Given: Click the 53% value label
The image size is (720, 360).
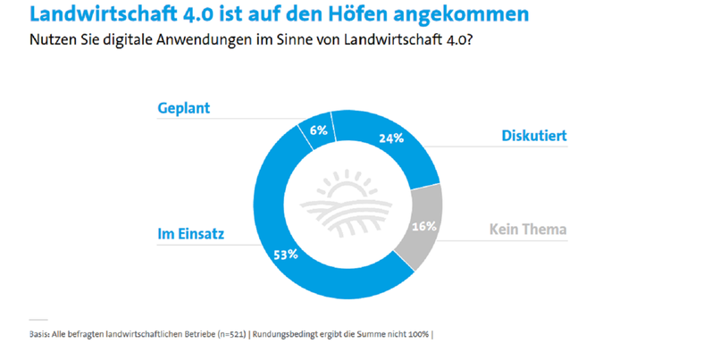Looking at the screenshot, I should pos(286,254).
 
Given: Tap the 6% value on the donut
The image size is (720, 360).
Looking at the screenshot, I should pos(319,130).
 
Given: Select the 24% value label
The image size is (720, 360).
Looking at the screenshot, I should pos(391,138).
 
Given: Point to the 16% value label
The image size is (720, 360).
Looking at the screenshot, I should pos(422,226).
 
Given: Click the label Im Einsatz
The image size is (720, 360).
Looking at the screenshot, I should pos(191,234).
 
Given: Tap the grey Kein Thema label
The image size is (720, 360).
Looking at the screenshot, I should pos(528,230).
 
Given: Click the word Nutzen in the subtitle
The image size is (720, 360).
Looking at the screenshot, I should pos(54,41).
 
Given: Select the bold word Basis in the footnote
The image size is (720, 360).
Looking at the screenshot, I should pos(40,334).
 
